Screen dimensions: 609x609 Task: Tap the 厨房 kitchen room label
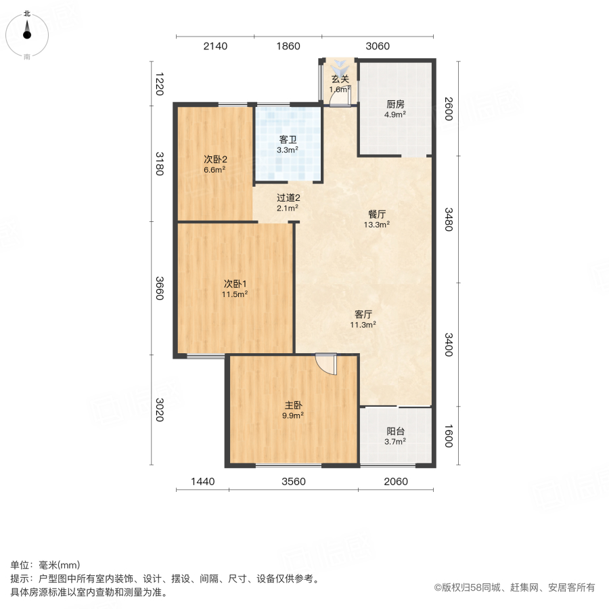click(396, 104)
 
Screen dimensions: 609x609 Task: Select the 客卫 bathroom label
click(288, 139)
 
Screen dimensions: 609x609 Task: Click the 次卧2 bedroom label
click(215, 160)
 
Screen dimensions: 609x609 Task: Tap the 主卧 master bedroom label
click(293, 405)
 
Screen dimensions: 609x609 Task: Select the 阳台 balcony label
click(396, 431)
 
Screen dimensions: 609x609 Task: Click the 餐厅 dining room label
click(378, 213)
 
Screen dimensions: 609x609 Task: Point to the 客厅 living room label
click(364, 314)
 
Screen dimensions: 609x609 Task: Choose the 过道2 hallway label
click(288, 198)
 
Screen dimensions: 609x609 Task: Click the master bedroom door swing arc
click(327, 365)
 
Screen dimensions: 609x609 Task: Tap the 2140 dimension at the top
click(215, 46)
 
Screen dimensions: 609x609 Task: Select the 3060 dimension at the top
click(378, 46)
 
